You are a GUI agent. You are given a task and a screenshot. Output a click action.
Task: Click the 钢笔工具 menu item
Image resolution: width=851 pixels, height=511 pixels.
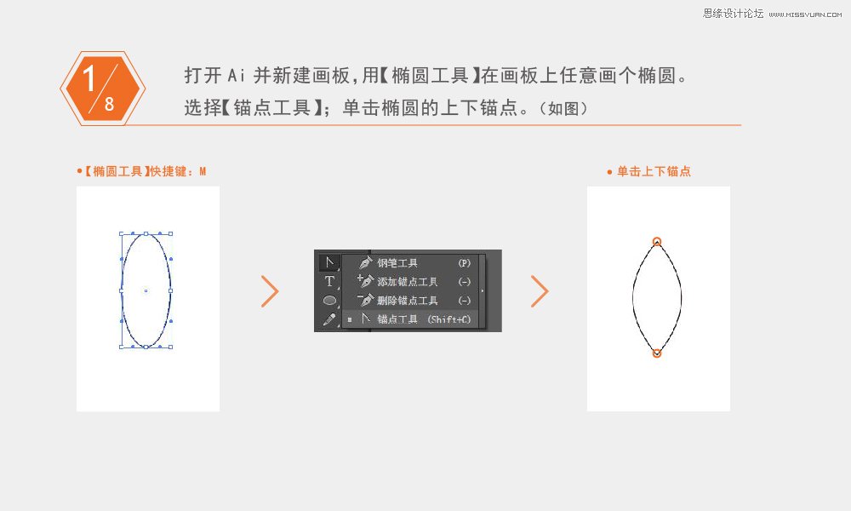397,263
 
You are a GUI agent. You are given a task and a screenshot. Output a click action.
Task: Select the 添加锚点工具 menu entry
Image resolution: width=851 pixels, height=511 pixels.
407,282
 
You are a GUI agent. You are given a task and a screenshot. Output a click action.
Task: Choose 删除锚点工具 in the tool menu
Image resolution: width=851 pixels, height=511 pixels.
407,301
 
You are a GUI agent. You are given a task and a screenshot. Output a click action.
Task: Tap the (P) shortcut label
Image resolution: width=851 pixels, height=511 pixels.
465,263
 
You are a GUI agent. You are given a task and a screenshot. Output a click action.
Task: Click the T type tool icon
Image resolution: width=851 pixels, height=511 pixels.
329,281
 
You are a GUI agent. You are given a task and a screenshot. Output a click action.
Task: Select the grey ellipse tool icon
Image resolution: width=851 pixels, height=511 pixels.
329,300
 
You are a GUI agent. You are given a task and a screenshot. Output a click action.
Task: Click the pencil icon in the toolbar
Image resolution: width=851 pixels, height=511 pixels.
329,319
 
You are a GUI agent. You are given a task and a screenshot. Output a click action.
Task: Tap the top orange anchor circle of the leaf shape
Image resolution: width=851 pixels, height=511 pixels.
657,242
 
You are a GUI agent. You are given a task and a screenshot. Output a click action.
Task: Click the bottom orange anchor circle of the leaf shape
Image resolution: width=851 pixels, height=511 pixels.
657,353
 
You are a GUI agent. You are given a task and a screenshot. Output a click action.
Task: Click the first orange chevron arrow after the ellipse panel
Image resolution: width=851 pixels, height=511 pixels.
270,291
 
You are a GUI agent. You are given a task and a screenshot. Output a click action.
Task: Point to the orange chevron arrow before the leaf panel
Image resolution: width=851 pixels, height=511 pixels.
540,291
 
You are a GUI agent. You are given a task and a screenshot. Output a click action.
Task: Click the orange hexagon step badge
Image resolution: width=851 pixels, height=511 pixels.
102,89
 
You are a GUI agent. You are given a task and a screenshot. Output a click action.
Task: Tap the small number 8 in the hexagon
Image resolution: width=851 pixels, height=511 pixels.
110,104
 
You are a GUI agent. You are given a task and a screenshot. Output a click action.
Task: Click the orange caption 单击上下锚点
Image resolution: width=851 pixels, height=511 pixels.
654,171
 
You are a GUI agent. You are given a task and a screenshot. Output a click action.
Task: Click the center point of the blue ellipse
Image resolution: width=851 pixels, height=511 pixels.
146,290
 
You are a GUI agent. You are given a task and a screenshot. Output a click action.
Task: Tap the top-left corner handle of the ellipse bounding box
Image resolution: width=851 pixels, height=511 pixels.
121,233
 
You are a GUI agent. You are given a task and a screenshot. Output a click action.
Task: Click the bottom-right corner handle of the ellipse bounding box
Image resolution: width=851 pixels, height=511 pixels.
171,347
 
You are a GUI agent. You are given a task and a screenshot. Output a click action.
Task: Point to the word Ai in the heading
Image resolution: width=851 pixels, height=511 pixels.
236,76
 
